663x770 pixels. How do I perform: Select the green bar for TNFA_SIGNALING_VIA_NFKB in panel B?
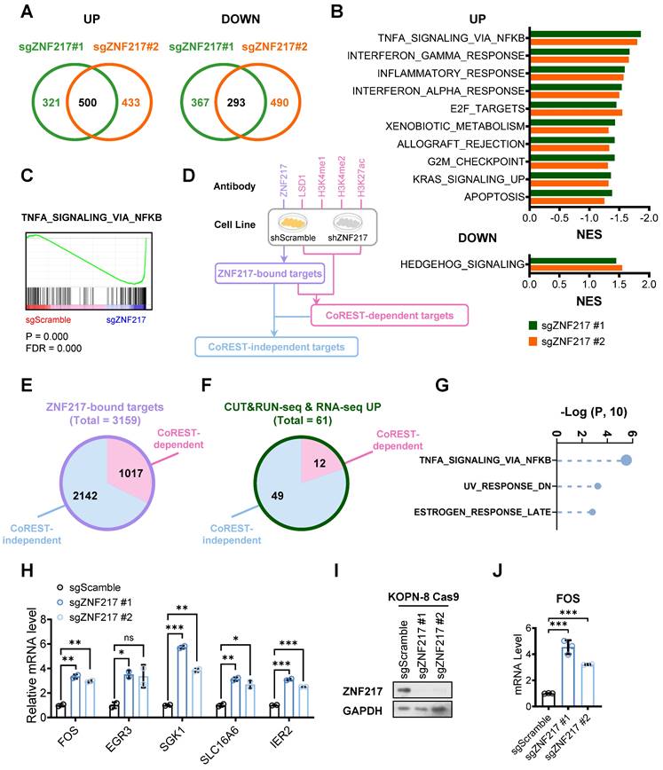[x=585, y=35]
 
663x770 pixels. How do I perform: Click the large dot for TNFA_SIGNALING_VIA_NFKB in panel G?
[x=627, y=460]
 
